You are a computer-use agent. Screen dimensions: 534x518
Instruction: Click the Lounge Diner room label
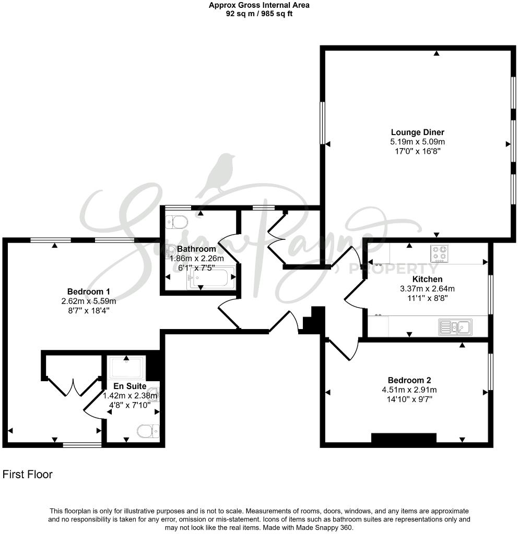pos(417,132)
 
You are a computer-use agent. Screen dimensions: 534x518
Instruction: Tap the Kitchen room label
pos(427,280)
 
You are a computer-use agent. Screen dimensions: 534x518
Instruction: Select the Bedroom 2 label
pos(409,380)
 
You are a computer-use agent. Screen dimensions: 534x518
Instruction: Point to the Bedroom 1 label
pos(88,292)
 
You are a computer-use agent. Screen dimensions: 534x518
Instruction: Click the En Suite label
pos(126,386)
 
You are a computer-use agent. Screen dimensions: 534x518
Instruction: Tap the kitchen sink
pos(455,327)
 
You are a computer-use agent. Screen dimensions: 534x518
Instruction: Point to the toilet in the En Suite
pos(147,431)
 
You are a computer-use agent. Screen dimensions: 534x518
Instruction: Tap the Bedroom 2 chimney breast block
pos(403,439)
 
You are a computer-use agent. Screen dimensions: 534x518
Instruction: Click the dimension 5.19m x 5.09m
pos(417,142)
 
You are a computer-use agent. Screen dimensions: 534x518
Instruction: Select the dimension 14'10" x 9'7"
pos(409,399)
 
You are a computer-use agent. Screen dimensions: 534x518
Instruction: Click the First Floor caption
pos(28,475)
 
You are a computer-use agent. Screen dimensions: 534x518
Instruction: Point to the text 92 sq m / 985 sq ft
pos(259,14)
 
